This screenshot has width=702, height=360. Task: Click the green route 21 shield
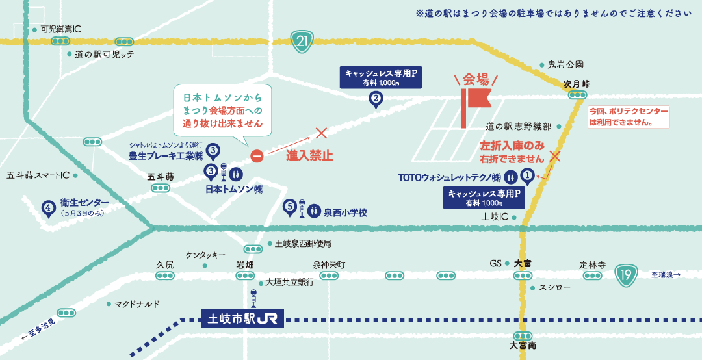pyautogui.click(x=302, y=42)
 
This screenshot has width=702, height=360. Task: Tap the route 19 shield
pyautogui.click(x=626, y=276)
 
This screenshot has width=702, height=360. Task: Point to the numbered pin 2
pyautogui.click(x=376, y=99)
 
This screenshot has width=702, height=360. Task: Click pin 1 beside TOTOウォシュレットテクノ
pyautogui.click(x=528, y=175)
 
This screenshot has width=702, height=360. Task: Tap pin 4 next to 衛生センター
pyautogui.click(x=47, y=209)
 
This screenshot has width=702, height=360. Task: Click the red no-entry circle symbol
pyautogui.click(x=257, y=157)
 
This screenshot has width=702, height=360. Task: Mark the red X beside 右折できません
pyautogui.click(x=554, y=156)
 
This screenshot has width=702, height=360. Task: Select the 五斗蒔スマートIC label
pyautogui.click(x=38, y=175)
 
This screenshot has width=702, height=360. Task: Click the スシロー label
pyautogui.click(x=555, y=287)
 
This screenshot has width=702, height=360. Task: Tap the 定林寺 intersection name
pyautogui.click(x=592, y=264)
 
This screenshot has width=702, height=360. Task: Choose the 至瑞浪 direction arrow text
pyautogui.click(x=666, y=275)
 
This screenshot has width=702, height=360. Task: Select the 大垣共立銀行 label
pyautogui.click(x=289, y=283)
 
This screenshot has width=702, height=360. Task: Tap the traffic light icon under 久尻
pyautogui.click(x=164, y=276)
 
